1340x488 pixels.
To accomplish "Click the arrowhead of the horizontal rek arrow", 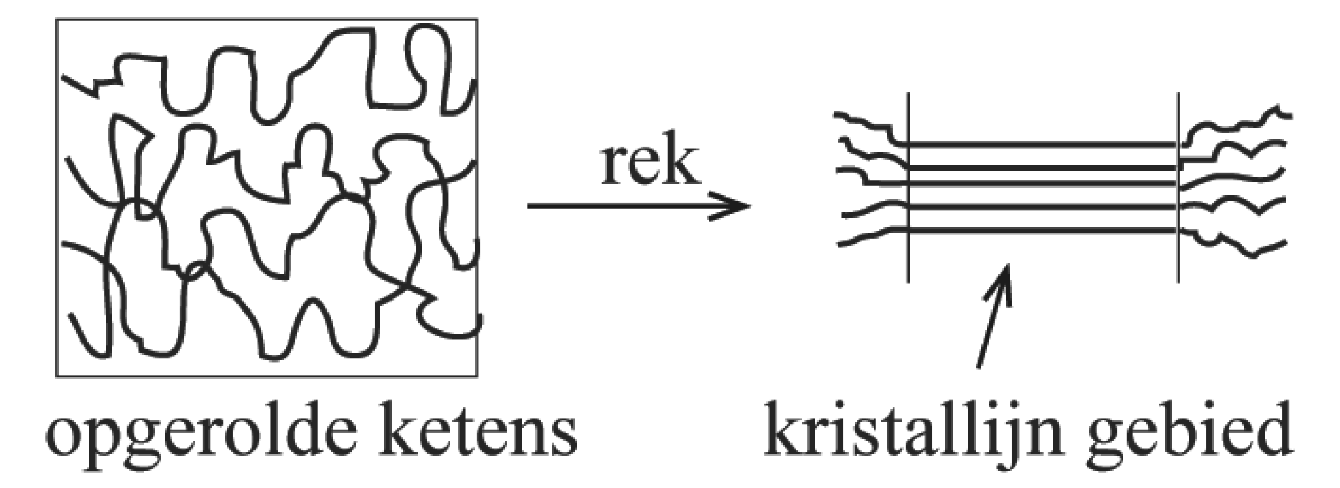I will point(737,206).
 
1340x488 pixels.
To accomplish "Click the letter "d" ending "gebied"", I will point(1273,437).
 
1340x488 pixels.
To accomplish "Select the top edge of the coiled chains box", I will point(265,19).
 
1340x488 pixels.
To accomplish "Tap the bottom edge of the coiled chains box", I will point(265,376).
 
